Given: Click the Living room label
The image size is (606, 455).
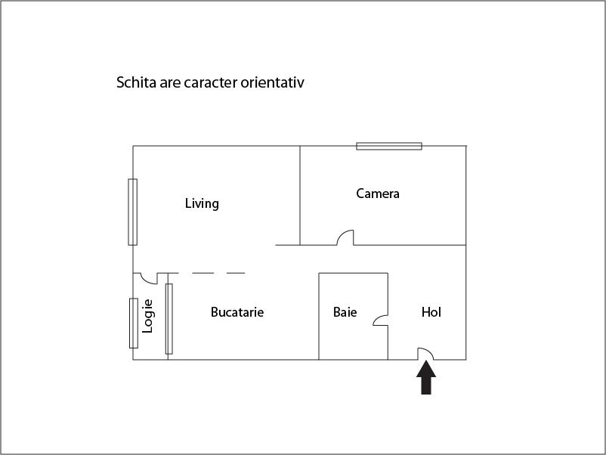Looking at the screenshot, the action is pos(202,203).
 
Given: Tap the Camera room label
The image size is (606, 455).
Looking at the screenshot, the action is pos(378,193).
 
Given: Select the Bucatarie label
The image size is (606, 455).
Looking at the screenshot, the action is pos(237,312).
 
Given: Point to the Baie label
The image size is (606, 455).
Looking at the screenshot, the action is pos(345,312).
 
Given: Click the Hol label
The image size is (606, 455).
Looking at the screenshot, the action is pos(431,312).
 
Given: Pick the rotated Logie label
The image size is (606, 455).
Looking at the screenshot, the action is pos(147,316).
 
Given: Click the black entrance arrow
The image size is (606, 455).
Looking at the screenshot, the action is pos(426,378).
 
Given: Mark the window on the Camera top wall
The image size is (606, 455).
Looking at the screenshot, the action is pos(389,146).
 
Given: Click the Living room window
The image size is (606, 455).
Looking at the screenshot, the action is pos(132,212).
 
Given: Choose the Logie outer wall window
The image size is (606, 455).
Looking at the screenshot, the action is pos(134,323).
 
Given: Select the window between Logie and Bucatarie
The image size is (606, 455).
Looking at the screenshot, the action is pos(169,319).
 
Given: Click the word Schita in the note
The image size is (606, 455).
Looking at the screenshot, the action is pos(136,82).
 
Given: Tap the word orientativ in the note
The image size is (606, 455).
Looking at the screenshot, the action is pos(273,82).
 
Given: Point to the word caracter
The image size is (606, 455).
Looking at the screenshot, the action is pos(211,82).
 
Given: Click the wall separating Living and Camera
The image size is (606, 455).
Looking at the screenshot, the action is pos(300,195).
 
